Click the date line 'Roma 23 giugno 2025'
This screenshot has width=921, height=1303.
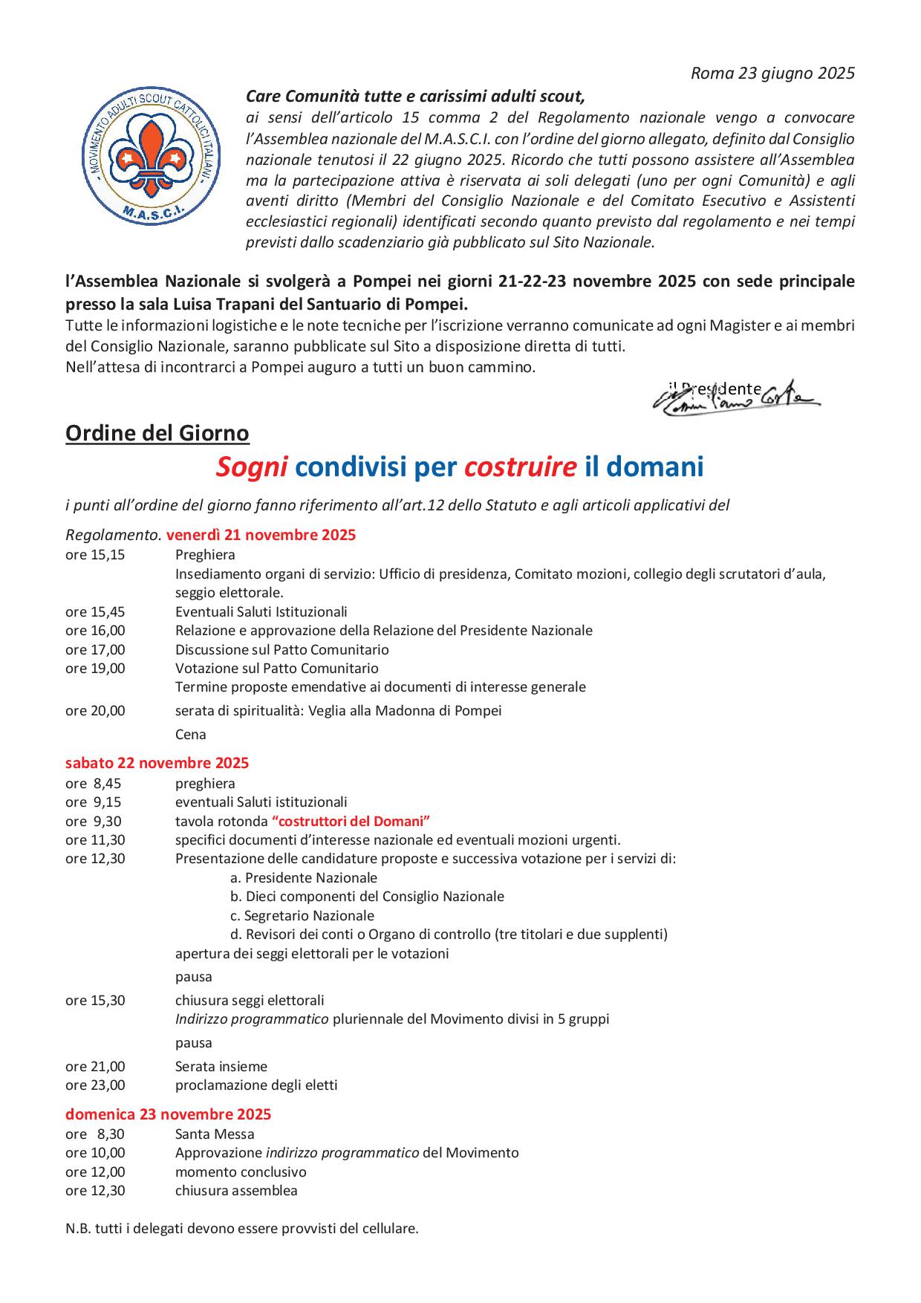click(x=772, y=73)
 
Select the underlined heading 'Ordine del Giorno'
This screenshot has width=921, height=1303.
click(x=157, y=432)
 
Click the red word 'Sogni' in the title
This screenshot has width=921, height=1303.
click(x=252, y=467)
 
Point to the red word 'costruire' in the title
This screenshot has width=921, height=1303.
click(x=520, y=467)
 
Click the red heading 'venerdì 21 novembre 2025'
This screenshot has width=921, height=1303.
click(x=261, y=535)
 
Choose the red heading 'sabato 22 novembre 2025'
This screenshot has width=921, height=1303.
click(x=157, y=763)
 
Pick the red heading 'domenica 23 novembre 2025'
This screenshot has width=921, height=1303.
click(x=168, y=1114)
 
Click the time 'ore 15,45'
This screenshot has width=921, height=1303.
click(x=95, y=612)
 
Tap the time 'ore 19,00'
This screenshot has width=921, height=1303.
click(x=95, y=668)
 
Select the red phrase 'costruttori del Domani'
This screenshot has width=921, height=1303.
click(x=351, y=821)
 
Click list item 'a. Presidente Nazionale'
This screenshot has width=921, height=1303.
click(x=304, y=877)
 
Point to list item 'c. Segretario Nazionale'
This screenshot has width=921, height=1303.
click(x=302, y=915)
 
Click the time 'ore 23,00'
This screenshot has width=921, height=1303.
click(x=95, y=1085)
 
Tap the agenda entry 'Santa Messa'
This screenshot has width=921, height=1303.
click(x=215, y=1134)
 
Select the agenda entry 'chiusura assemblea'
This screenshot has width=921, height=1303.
click(x=236, y=1190)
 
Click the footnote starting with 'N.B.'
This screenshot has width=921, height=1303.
click(x=242, y=1228)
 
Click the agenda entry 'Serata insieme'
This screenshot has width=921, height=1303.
click(x=221, y=1066)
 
